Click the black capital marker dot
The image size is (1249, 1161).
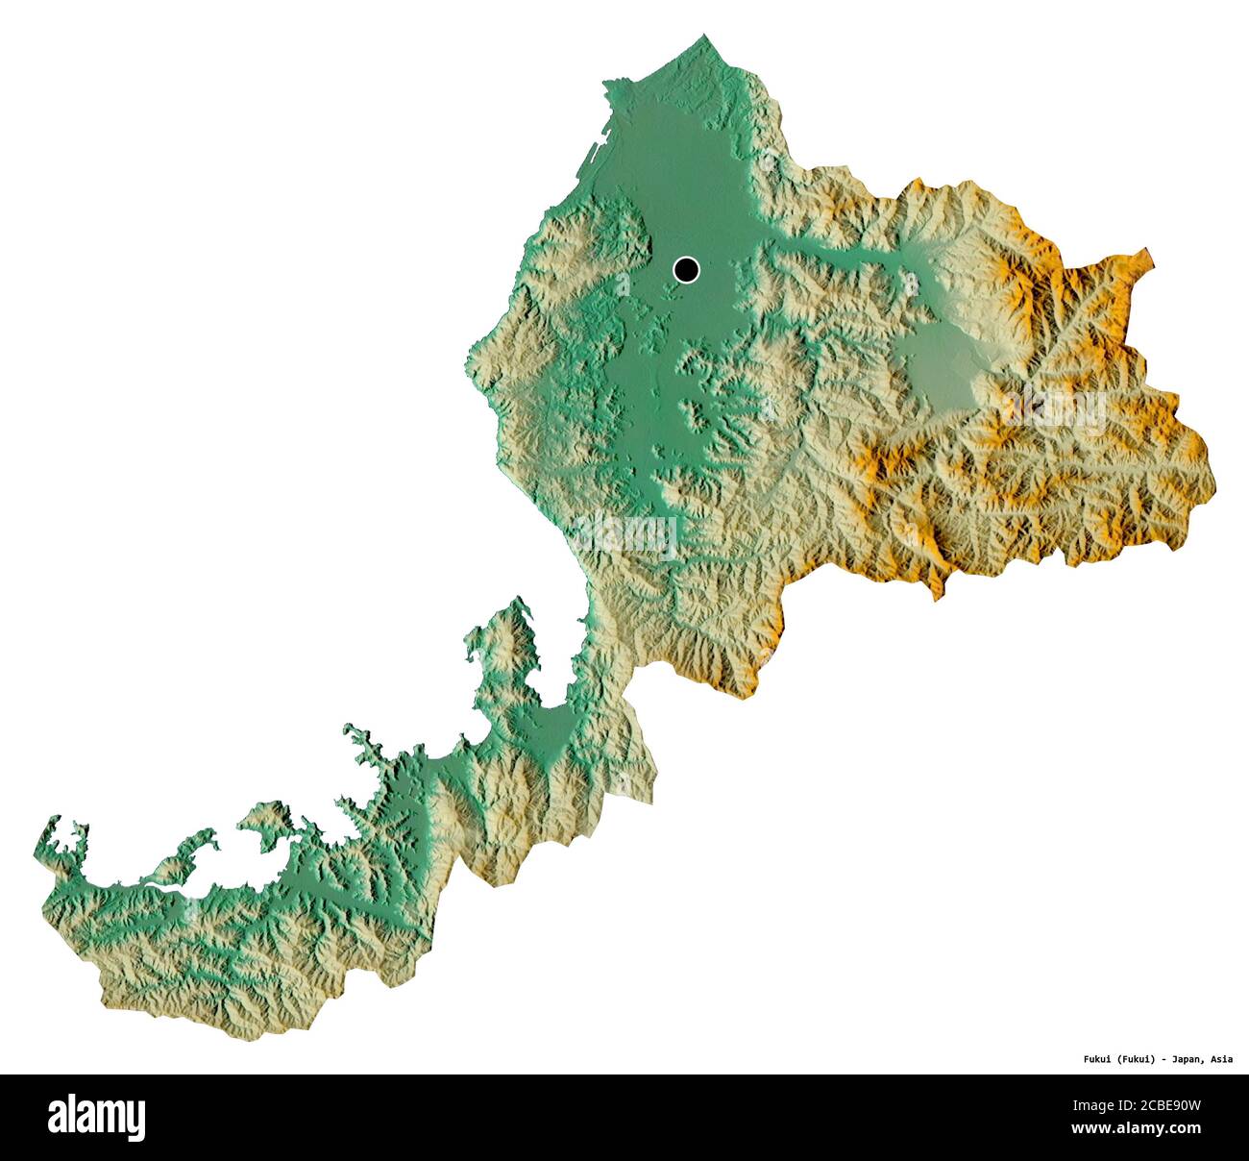click(685, 270)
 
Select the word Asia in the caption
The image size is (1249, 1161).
click(1221, 1059)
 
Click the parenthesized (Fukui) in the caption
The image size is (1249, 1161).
click(1132, 1059)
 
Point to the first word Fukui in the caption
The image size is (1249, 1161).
click(1089, 1059)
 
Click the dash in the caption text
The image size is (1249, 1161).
click(1163, 1059)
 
